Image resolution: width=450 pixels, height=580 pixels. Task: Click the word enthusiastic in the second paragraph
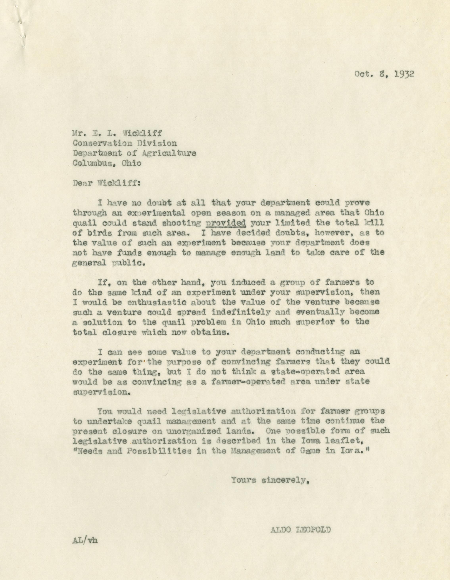[150, 302]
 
